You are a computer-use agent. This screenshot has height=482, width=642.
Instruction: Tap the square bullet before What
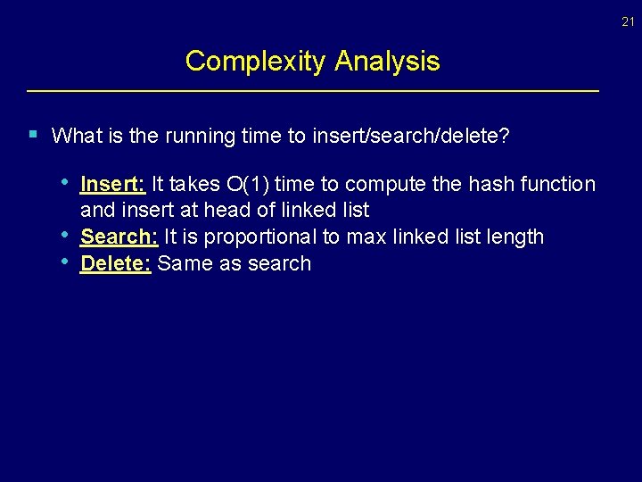32,135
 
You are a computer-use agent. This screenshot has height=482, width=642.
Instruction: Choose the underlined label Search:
119,237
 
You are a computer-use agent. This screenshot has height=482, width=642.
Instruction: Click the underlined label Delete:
116,263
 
